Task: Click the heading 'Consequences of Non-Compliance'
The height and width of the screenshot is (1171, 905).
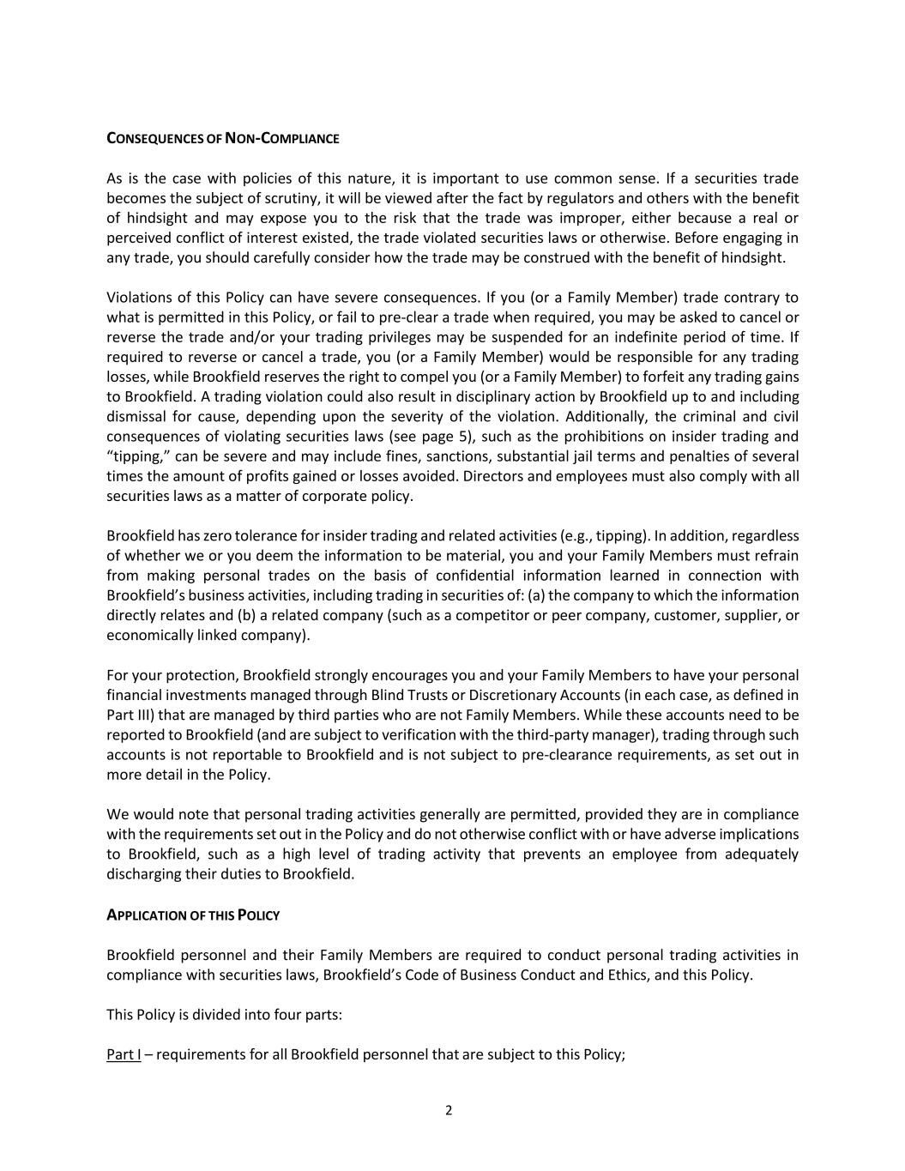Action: coord(222,139)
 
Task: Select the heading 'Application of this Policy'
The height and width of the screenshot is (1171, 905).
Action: coord(193,915)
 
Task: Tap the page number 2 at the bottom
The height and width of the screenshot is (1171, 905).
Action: coord(449,1110)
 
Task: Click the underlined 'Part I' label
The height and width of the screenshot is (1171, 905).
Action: coord(124,1054)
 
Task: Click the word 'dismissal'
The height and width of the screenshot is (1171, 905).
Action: coord(136,417)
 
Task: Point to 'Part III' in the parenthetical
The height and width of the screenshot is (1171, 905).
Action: coord(130,715)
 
